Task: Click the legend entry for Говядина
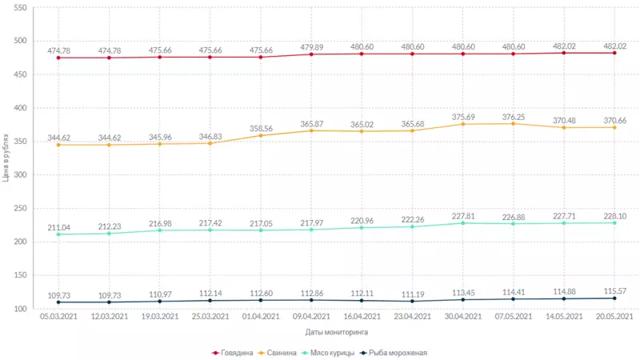(x=238, y=352)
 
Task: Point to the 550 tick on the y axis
(x=20, y=8)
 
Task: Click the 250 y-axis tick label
(x=20, y=208)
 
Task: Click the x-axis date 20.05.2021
(x=614, y=317)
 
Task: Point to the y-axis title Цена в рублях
(x=6, y=158)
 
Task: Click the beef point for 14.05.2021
(x=564, y=53)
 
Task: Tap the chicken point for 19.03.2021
(x=160, y=230)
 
